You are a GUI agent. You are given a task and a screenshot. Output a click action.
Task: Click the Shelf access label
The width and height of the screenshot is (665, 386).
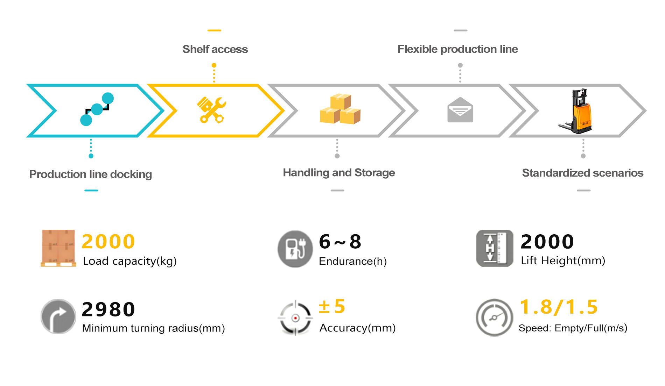click(x=215, y=49)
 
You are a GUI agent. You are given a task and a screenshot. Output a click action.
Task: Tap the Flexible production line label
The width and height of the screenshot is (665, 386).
click(x=457, y=49)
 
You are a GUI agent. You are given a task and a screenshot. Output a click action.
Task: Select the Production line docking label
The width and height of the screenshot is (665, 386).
click(x=90, y=174)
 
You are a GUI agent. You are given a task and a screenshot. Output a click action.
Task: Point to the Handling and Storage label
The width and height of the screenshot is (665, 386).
click(x=339, y=173)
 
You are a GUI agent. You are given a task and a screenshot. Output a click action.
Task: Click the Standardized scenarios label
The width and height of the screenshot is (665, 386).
click(x=582, y=173)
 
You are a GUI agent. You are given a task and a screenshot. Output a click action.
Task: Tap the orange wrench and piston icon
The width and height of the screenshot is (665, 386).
click(x=211, y=110)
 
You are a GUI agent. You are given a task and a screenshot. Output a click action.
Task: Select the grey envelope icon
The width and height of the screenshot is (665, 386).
click(x=460, y=110)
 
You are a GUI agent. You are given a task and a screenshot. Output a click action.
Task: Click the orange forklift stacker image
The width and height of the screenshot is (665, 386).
click(x=577, y=111)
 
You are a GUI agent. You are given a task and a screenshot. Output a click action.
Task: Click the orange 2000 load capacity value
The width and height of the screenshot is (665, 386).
click(x=108, y=242)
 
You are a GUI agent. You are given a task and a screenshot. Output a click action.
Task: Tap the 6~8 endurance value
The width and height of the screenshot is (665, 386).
click(x=340, y=242)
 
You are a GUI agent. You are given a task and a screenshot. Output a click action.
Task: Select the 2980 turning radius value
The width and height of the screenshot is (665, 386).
click(x=108, y=309)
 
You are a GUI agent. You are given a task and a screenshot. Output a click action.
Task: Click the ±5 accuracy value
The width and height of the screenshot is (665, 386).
click(x=332, y=307)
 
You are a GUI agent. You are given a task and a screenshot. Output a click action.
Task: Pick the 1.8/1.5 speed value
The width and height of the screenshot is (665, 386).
click(x=559, y=307)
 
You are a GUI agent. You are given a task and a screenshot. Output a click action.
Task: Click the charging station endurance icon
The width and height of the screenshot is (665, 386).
click(x=295, y=249)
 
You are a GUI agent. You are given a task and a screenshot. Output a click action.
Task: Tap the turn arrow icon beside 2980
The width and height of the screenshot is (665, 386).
click(x=58, y=316)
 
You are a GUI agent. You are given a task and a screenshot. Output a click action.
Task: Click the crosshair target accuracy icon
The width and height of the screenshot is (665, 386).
click(x=295, y=318)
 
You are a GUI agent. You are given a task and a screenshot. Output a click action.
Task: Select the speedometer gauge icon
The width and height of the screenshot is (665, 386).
click(x=494, y=317)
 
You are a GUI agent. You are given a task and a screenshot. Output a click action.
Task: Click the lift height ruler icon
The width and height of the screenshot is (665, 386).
click(x=494, y=248)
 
